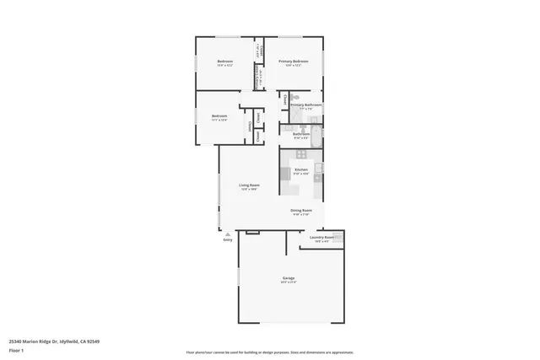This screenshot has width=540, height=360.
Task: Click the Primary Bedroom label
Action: pos(294,62)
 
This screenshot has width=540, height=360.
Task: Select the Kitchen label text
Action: pos(300,169)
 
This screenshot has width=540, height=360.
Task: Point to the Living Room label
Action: pos(248,185)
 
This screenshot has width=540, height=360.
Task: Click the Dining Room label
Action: pos(301,211)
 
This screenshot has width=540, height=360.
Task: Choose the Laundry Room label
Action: pos(321,237)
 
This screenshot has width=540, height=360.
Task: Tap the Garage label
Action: pos(288,277)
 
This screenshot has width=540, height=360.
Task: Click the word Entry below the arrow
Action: pos(227,240)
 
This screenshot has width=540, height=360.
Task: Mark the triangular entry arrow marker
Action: pos(226,234)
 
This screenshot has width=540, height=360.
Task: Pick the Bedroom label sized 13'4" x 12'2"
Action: pos(225,62)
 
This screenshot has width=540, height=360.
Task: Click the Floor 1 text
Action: pos(15,349)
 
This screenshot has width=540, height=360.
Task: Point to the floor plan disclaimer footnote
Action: pos(270,352)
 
